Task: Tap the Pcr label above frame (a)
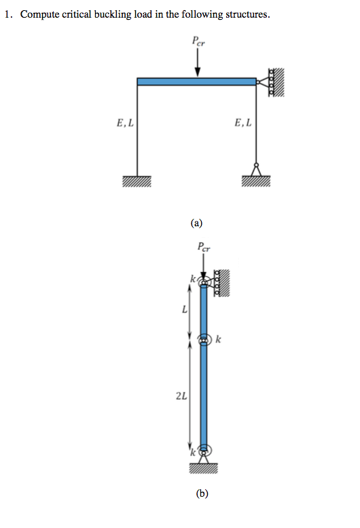point(198,41)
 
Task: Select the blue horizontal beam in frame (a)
point(196,82)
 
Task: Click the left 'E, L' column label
point(125,123)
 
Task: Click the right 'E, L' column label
point(242,123)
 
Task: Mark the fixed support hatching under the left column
point(137,181)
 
